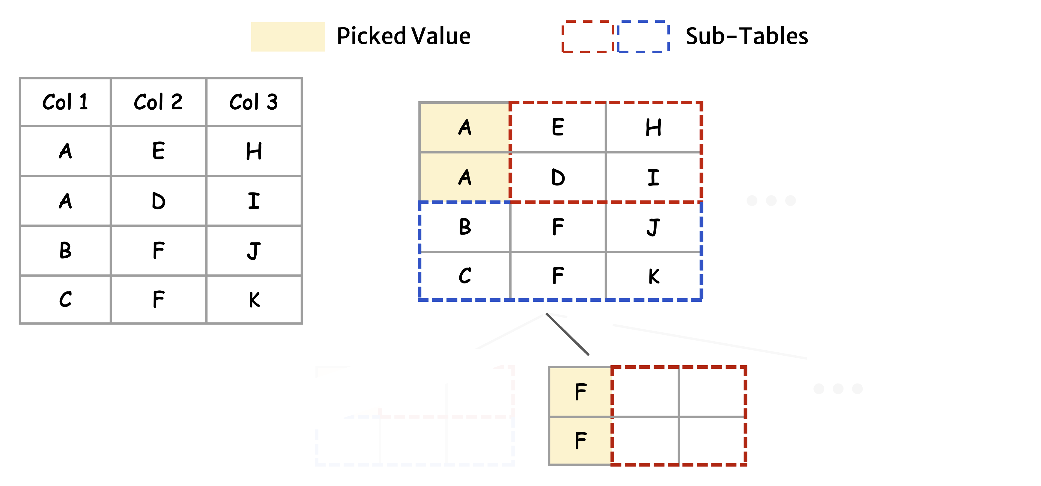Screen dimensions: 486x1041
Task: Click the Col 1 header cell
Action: (x=65, y=102)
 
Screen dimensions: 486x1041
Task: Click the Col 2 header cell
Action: (x=158, y=102)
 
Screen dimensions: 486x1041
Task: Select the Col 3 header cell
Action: (x=253, y=102)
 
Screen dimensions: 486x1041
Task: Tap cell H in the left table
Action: (x=254, y=151)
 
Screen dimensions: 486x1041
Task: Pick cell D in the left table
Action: (x=158, y=201)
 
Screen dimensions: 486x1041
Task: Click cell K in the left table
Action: (x=254, y=300)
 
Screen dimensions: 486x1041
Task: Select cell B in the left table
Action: (x=65, y=250)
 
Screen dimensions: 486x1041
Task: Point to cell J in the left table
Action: (x=254, y=250)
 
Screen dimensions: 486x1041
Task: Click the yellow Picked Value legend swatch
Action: (x=288, y=37)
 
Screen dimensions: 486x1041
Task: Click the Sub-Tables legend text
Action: (x=746, y=36)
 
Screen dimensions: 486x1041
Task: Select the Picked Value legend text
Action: (x=403, y=36)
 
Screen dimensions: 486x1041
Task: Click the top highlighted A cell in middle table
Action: (x=465, y=128)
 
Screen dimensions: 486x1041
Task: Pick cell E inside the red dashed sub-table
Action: (x=558, y=128)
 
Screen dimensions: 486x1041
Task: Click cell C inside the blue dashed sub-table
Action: (x=465, y=276)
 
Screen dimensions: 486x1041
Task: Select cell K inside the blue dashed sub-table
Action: (x=653, y=276)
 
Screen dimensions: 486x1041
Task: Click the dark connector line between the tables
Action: (x=567, y=334)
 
